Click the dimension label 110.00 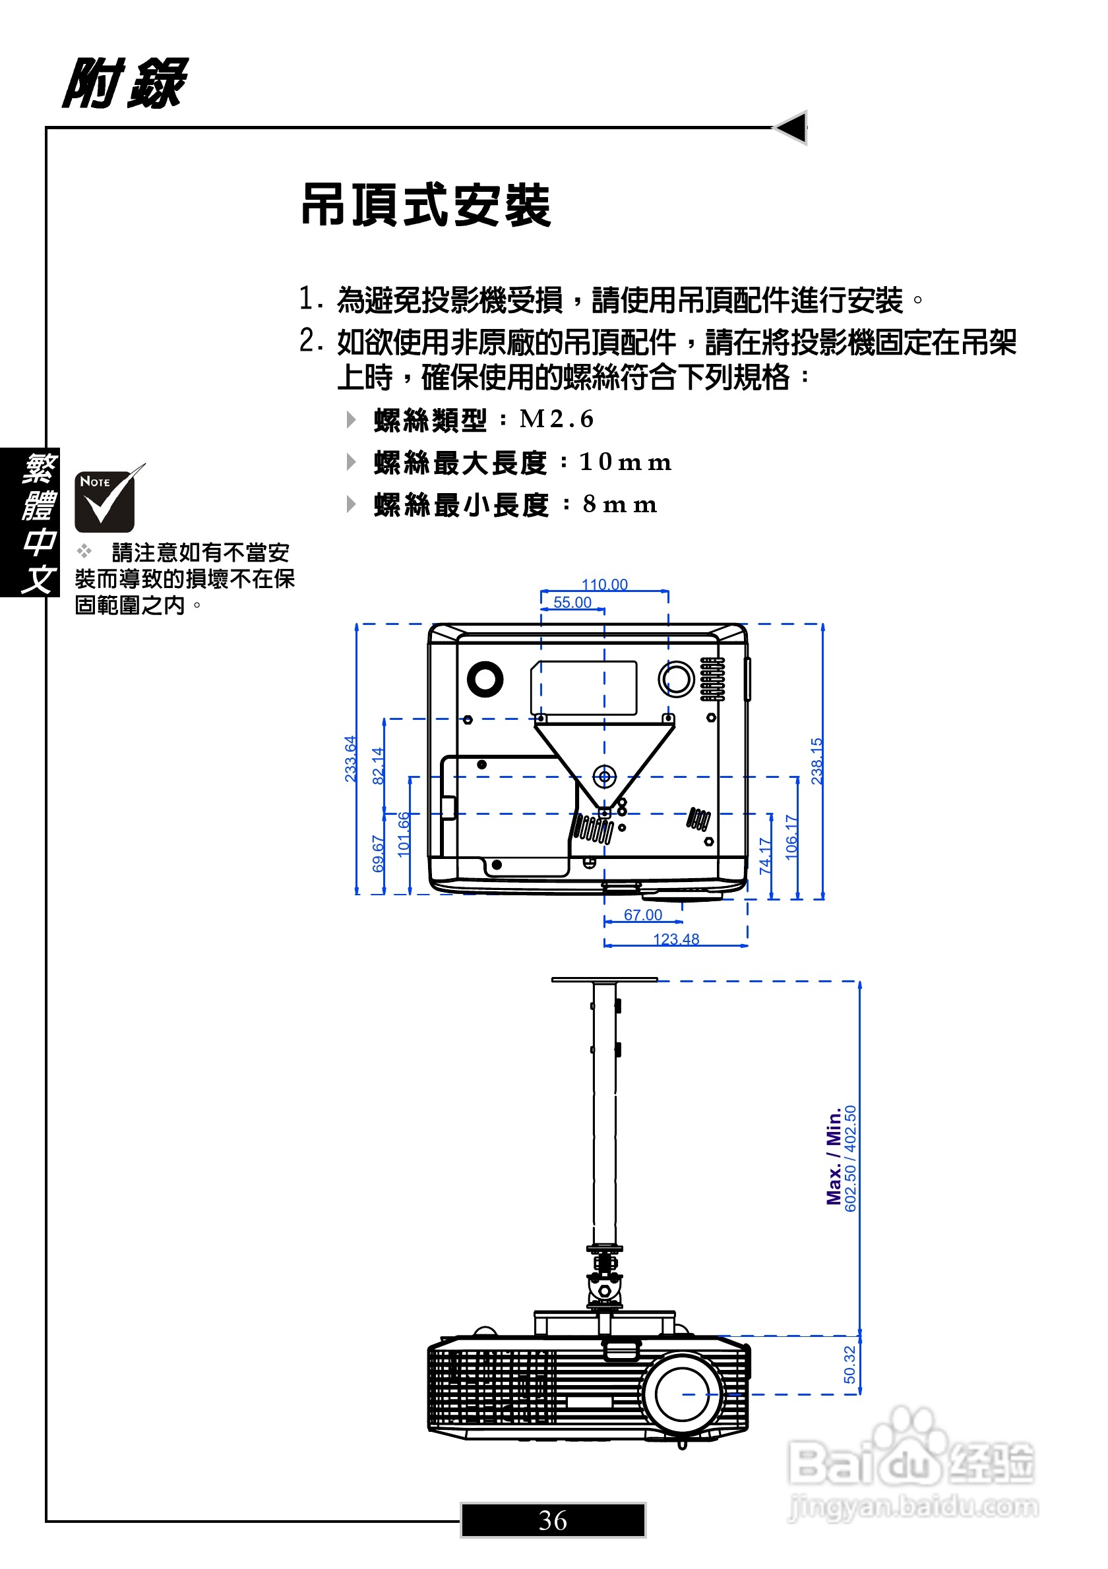coord(604,584)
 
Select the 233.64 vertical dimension coord(350,759)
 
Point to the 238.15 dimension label coord(816,761)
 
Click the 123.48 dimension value coord(676,939)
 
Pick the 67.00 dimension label coord(642,914)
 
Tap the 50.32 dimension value coord(849,1364)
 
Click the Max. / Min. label coord(834,1157)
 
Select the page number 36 coord(552,1520)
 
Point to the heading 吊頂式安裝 coord(426,205)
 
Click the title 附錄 coord(125,83)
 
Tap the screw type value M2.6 coord(557,419)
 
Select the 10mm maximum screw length coord(625,462)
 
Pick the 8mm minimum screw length coord(619,504)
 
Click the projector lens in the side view coord(681,1394)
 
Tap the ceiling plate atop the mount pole coord(604,979)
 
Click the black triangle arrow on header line coord(791,127)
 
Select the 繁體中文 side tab coord(30,522)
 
